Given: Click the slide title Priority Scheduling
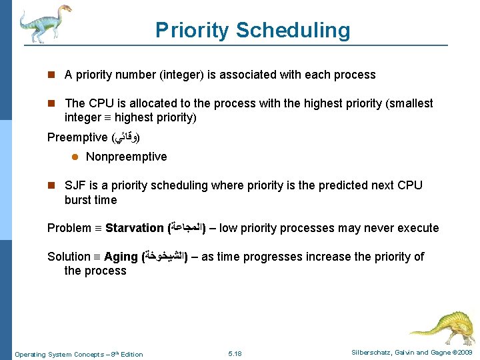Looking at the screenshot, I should (x=252, y=30).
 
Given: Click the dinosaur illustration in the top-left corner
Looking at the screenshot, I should (x=43, y=23).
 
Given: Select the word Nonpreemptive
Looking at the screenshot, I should (x=126, y=157).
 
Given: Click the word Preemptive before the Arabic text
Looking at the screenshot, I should (x=77, y=137).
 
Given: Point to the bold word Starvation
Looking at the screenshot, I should (x=134, y=228).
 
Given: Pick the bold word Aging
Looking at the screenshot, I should (x=121, y=257).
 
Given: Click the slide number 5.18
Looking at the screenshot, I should (x=235, y=353).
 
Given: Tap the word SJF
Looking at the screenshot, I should (x=75, y=185).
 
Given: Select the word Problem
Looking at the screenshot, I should (x=69, y=228).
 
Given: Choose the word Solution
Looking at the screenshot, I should (x=69, y=257).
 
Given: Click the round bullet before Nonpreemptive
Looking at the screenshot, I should (x=75, y=157).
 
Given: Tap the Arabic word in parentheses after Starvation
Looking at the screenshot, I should (x=186, y=228).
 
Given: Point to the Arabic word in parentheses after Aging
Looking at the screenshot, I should (x=164, y=257).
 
